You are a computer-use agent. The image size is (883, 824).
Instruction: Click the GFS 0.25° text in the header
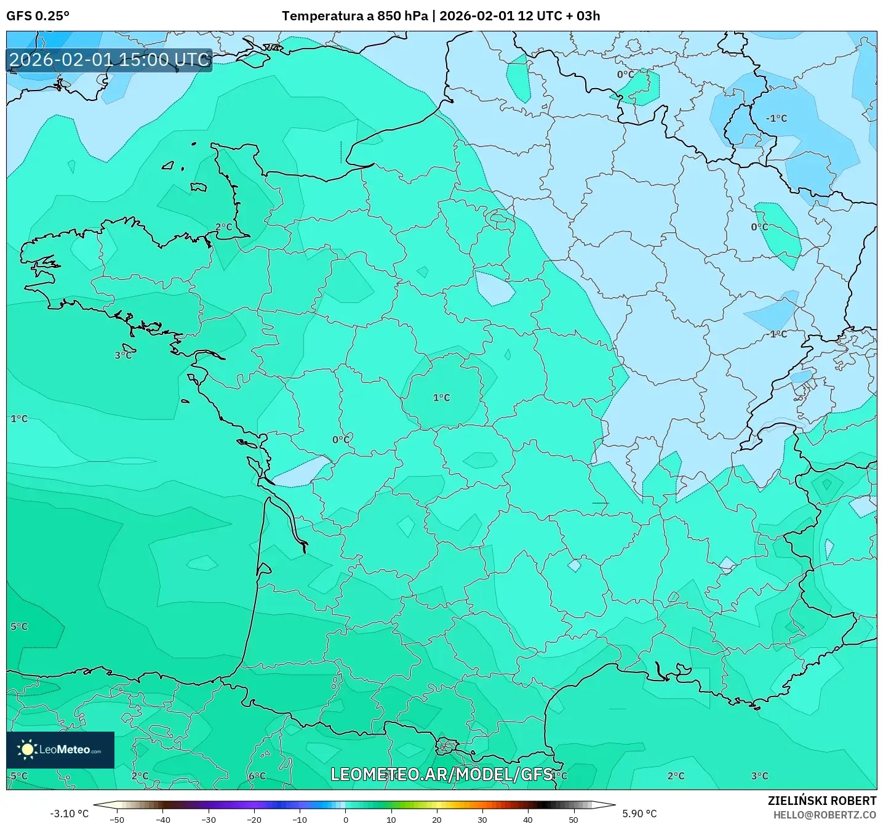click(x=38, y=16)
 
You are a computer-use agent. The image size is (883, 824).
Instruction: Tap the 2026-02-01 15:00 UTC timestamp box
click(x=110, y=60)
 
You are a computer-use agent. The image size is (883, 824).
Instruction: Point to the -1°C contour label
click(x=776, y=118)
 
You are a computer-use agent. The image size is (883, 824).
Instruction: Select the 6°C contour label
click(x=257, y=776)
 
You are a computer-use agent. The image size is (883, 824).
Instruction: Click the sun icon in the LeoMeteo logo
click(x=27, y=749)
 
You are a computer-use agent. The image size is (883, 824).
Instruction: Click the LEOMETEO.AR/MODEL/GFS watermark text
click(x=441, y=774)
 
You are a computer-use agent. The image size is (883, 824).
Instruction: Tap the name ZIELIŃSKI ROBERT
click(x=822, y=801)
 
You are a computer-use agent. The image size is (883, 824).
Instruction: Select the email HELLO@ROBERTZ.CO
click(x=825, y=815)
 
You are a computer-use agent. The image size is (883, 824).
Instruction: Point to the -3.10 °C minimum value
click(x=69, y=814)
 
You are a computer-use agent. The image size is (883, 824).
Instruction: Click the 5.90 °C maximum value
click(x=639, y=814)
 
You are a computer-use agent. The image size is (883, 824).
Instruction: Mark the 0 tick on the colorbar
click(x=345, y=819)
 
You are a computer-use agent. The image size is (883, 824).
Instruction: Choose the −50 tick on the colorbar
click(x=116, y=819)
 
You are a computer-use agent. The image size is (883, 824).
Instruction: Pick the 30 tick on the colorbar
click(x=482, y=819)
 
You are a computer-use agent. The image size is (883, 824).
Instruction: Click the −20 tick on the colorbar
click(x=254, y=819)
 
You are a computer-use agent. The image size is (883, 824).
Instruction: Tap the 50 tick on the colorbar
click(x=573, y=819)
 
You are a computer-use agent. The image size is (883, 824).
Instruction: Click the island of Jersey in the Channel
click(x=198, y=187)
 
